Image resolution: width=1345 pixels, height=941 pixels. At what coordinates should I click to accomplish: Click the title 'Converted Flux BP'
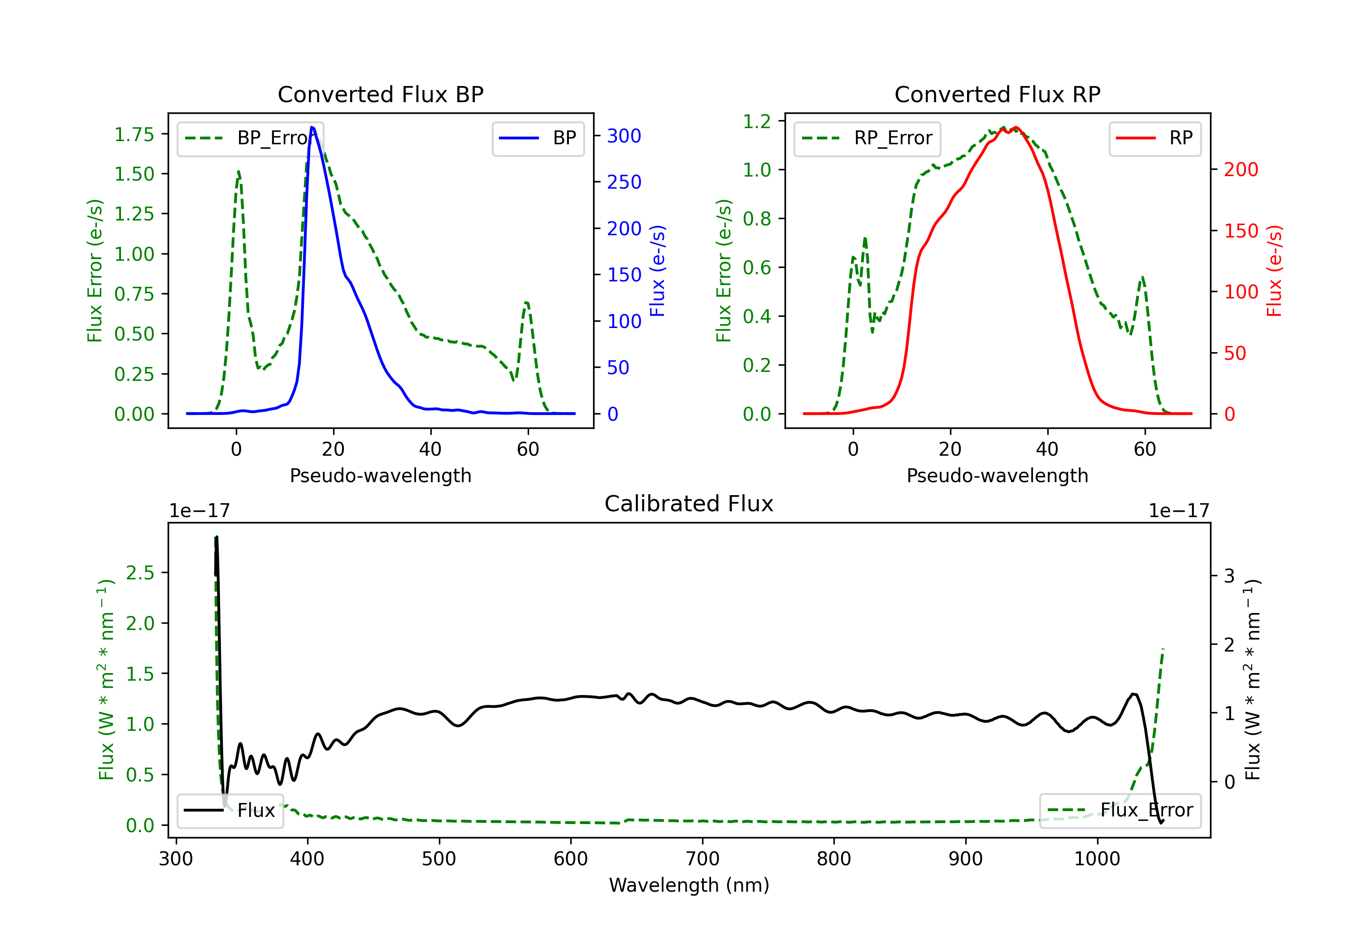[x=380, y=94]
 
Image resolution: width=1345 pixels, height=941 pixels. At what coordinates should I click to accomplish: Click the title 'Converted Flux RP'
[x=997, y=94]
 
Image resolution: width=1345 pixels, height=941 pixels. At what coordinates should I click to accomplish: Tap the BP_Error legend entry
[x=252, y=138]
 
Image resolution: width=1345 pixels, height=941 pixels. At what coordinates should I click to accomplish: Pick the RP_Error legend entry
[x=868, y=138]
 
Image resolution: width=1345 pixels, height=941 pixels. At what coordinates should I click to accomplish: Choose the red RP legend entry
[x=1154, y=138]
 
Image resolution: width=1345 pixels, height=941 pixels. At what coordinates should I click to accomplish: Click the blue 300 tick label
[x=624, y=136]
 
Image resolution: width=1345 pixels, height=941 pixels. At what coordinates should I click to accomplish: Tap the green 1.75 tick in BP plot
[x=134, y=135]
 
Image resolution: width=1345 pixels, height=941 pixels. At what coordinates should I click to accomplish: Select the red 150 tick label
[x=1241, y=231]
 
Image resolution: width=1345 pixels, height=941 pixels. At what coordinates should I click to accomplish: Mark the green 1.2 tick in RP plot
[x=757, y=121]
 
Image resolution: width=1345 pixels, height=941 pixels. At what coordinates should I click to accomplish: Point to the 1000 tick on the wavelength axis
[x=1097, y=859]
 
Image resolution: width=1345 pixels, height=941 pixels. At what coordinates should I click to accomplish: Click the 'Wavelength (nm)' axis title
[x=689, y=885]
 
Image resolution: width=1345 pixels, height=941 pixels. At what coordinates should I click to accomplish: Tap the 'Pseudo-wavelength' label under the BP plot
[x=380, y=475]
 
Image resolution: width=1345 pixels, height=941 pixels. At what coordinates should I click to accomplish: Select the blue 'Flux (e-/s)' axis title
[x=657, y=271]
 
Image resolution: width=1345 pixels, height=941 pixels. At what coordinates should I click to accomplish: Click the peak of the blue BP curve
[x=312, y=127]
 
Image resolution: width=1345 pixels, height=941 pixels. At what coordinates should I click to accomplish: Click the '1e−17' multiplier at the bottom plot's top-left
[x=199, y=511]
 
